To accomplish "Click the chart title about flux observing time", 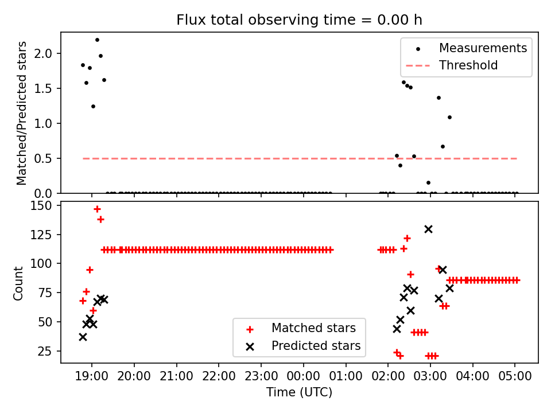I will [299, 20].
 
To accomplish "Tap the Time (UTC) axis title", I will [299, 393].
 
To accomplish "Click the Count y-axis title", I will [19, 283].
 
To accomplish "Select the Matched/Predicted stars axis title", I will [22, 113].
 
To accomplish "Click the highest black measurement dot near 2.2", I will [97, 40].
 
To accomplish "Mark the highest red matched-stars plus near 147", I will [97, 209].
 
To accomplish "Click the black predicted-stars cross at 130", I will [428, 229].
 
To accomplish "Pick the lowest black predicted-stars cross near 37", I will [83, 337].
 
